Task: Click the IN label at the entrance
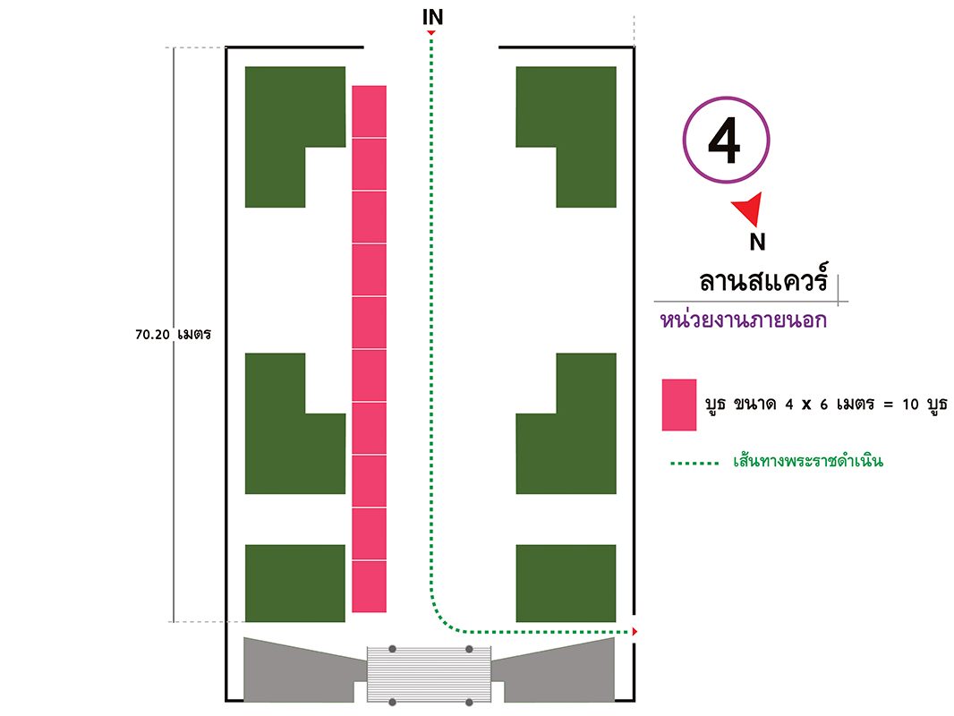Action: (x=432, y=17)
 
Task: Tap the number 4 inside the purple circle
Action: (x=724, y=141)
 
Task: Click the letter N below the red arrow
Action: (x=757, y=242)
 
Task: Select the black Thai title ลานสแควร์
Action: (x=764, y=280)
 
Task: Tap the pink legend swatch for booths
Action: (x=679, y=405)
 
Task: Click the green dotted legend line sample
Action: (x=694, y=464)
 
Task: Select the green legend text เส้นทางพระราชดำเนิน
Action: (x=808, y=461)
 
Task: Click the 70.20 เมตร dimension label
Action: (x=174, y=335)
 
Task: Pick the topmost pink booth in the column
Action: (x=370, y=111)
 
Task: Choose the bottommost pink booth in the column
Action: (x=370, y=586)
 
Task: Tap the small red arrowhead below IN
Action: (x=430, y=32)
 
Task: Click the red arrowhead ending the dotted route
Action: (x=635, y=632)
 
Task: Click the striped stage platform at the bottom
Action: (x=429, y=675)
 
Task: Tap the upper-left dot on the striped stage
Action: (x=393, y=649)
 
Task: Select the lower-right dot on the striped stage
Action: (x=469, y=703)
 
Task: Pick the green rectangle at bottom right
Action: (x=566, y=584)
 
